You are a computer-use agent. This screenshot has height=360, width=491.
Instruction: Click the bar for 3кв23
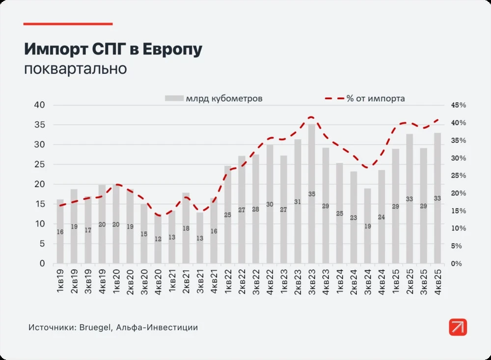(x=311, y=194)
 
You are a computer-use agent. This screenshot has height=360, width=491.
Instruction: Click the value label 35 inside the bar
(x=311, y=194)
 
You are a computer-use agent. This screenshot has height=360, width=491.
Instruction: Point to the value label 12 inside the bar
(x=158, y=239)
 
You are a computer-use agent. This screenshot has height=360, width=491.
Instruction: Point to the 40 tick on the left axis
(x=39, y=105)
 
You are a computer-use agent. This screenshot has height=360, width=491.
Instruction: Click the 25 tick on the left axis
(x=39, y=165)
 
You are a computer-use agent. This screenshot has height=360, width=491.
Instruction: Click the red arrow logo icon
(x=458, y=327)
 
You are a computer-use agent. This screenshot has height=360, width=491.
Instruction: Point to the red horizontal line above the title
(x=68, y=24)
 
